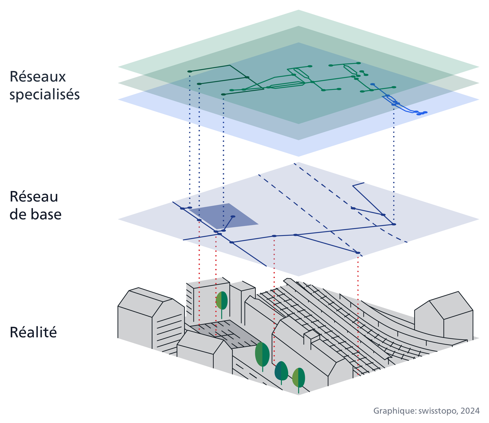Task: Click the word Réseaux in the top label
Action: (x=37, y=77)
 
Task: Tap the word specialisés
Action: (x=44, y=95)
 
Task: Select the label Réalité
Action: (x=33, y=332)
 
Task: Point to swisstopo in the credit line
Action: (x=437, y=411)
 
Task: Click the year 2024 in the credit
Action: (x=470, y=411)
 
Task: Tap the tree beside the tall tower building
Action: (x=222, y=301)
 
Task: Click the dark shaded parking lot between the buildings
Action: (x=225, y=333)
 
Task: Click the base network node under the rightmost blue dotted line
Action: (x=393, y=224)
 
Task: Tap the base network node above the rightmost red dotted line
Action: (x=358, y=253)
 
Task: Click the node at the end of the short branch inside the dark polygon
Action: (x=233, y=216)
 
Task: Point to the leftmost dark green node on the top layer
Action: (x=189, y=71)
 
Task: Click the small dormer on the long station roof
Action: (x=311, y=336)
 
